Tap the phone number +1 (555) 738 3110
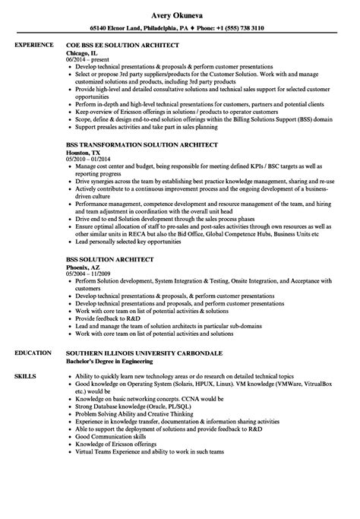click(232, 28)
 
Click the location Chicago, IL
click(83, 55)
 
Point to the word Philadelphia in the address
click(150, 28)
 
